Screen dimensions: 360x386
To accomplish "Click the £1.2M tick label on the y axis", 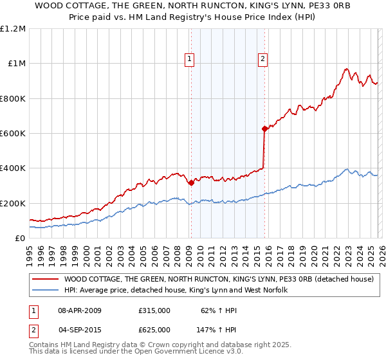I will [13, 29].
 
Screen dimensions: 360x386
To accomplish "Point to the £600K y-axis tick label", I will [13, 134].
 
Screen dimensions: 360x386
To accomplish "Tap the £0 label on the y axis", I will [21, 239].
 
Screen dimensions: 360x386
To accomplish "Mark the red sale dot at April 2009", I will [191, 183].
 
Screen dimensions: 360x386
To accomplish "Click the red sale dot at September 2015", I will [264, 129].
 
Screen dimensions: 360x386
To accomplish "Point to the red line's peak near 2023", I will [346, 69].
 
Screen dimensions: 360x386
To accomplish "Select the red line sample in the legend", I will [46, 280].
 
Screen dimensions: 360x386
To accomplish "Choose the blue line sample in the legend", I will [46, 291].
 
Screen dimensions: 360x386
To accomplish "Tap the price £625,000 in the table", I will [154, 329].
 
